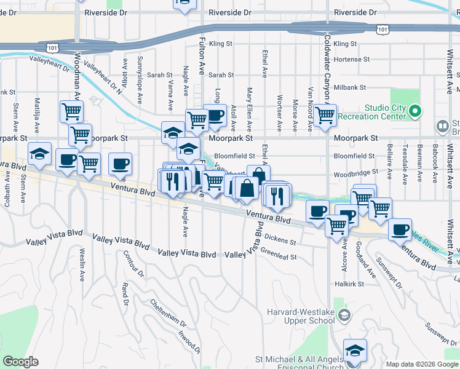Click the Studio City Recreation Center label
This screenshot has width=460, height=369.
point(384,113)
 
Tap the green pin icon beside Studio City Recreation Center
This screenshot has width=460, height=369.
point(416,112)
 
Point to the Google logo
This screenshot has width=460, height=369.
point(20,362)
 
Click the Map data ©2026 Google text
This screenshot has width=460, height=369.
point(421,364)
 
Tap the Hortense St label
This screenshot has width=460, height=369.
point(352,60)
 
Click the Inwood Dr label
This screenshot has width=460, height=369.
point(189,343)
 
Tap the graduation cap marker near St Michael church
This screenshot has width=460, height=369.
point(355,350)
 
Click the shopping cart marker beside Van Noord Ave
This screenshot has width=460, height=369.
point(324,114)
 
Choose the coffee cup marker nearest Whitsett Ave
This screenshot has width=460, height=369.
point(400,229)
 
